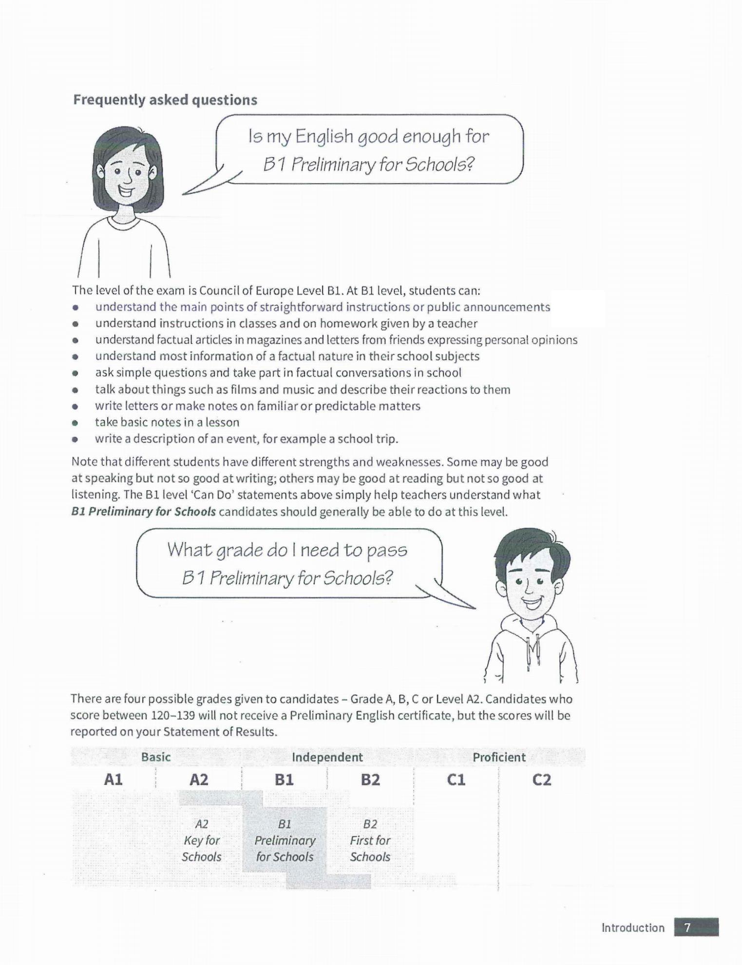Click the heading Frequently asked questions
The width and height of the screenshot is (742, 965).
[x=165, y=100]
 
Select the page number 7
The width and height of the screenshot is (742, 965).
[x=687, y=928]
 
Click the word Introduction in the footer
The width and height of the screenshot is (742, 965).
[x=633, y=928]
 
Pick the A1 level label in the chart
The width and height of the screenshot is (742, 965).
[x=113, y=780]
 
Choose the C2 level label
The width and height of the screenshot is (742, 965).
[x=541, y=780]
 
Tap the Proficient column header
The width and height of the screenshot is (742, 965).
[x=499, y=757]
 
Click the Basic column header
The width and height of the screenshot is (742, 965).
[x=156, y=757]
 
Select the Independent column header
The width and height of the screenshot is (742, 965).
[x=327, y=757]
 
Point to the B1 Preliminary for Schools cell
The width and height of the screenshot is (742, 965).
[x=285, y=840]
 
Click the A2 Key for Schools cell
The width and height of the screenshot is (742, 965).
[x=201, y=840]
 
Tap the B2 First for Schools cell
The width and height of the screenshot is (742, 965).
[x=370, y=840]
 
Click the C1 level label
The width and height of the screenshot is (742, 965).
[x=456, y=780]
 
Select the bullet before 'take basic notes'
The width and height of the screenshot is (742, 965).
[x=75, y=423]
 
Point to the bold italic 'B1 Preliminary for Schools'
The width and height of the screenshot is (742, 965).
[x=143, y=512]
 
